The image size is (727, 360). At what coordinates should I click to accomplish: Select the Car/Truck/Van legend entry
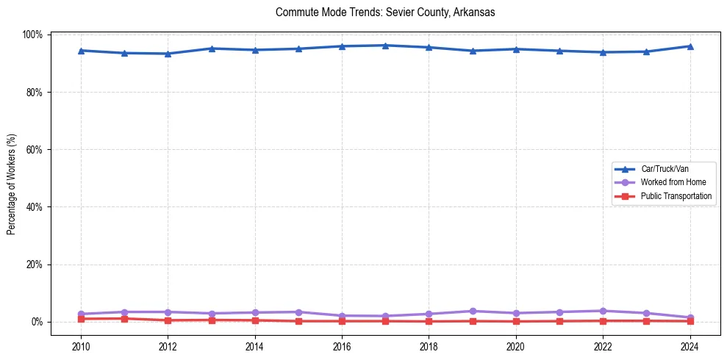[x=664, y=169]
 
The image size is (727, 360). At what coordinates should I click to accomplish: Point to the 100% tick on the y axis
[x=32, y=35]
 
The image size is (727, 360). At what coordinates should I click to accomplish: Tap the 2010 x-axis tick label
[x=81, y=346]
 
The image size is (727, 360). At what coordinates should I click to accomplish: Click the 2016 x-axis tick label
[x=342, y=346]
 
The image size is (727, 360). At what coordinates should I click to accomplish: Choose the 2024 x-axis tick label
[x=690, y=346]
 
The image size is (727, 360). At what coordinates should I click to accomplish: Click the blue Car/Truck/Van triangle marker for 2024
[x=690, y=46]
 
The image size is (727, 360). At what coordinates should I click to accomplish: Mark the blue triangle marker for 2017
[x=385, y=46]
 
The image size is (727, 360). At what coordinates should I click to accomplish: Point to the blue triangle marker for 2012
[x=168, y=54]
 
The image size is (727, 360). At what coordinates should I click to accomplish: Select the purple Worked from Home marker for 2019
[x=472, y=312]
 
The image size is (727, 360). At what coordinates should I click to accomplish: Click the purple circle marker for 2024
[x=690, y=317]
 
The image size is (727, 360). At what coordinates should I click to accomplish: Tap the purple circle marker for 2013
[x=211, y=314]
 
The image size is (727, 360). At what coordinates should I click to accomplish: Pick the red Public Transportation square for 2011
[x=124, y=319]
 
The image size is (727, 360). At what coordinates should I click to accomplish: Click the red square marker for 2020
[x=515, y=321]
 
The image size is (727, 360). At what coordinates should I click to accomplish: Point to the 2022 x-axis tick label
[x=603, y=346]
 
